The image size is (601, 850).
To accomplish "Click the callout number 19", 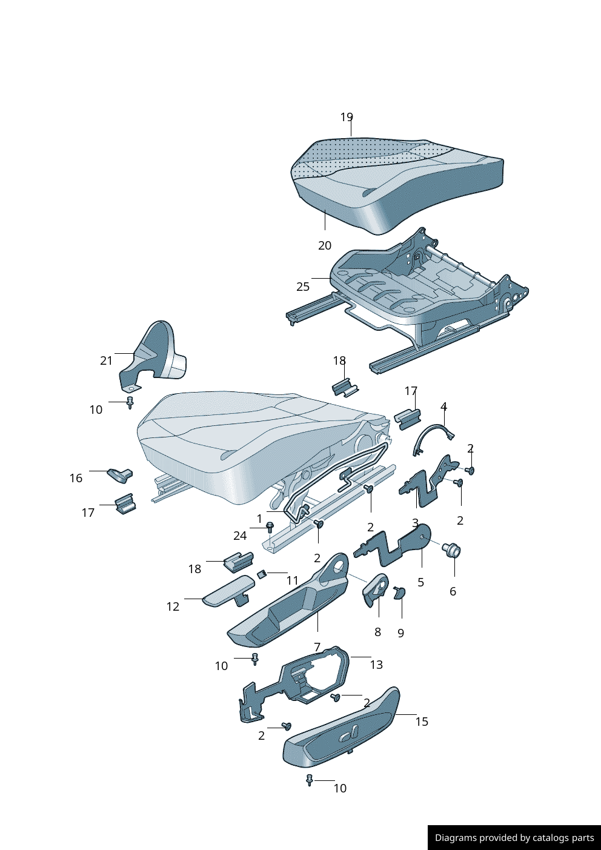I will pyautogui.click(x=347, y=117).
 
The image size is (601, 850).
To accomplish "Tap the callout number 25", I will pyautogui.click(x=303, y=287).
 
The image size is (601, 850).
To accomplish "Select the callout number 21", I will pyautogui.click(x=107, y=360).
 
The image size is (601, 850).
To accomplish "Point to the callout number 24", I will pyautogui.click(x=240, y=536).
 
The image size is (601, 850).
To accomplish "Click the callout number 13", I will pyautogui.click(x=376, y=665).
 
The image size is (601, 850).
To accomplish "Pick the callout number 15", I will pyautogui.click(x=422, y=722).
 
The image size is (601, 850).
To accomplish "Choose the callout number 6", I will pyautogui.click(x=453, y=591).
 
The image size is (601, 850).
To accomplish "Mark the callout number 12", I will pyautogui.click(x=173, y=606).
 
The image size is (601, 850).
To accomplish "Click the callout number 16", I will pyautogui.click(x=76, y=478).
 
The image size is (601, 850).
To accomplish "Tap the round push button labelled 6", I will pyautogui.click(x=452, y=551).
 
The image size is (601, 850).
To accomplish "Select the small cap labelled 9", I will pyautogui.click(x=400, y=592).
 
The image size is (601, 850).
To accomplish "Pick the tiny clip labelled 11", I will pyautogui.click(x=262, y=574).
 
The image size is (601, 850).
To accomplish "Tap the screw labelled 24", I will pyautogui.click(x=270, y=527).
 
